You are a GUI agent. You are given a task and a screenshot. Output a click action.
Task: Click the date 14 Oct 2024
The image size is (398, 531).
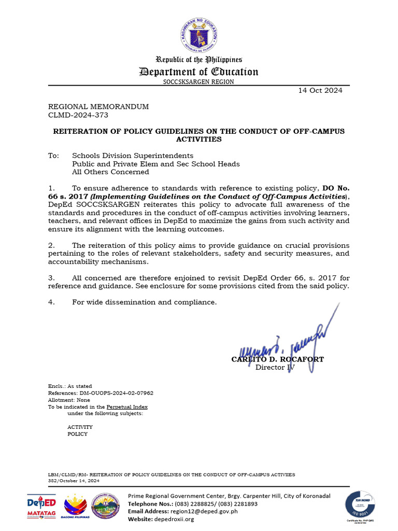pyautogui.click(x=320, y=90)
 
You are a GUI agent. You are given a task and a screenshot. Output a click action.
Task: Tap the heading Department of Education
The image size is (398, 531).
pyautogui.click(x=199, y=72)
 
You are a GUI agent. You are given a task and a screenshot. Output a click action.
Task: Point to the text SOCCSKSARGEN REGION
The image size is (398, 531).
pyautogui.click(x=198, y=82)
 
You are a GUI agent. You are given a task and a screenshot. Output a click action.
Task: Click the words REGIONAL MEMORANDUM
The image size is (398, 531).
pyautogui.click(x=98, y=106)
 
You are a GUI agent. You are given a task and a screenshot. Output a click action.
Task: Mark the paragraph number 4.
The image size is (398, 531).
pyautogui.click(x=51, y=302)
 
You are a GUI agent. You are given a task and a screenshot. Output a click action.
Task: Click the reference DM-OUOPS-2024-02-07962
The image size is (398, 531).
pyautogui.click(x=118, y=393)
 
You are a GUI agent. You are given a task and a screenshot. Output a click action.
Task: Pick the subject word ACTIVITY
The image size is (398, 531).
pyautogui.click(x=80, y=427)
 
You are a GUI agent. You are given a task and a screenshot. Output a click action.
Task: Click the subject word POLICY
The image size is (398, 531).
pyautogui.click(x=78, y=434)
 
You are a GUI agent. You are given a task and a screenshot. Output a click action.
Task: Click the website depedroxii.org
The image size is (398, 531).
pyautogui.click(x=175, y=519)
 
